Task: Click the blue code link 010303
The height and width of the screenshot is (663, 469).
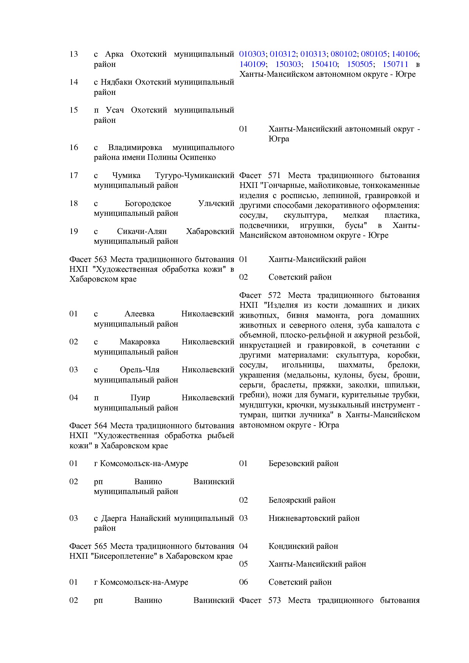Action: pos(252,54)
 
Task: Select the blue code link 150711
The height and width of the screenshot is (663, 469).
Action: pos(395,64)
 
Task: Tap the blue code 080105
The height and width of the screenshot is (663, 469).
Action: pos(374,54)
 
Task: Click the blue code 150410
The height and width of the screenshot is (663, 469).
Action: pos(324,64)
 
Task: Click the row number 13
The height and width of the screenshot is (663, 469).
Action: pos(73,54)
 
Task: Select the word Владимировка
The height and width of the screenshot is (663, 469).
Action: pos(135,147)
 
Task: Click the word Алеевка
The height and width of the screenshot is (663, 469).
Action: pos(139,314)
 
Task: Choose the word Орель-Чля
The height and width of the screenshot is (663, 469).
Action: pos(140,370)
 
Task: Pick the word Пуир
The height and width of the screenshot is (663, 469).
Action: pos(140,398)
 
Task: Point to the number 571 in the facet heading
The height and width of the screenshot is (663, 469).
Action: pos(274,175)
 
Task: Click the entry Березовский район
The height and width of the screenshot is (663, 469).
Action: pos(303,463)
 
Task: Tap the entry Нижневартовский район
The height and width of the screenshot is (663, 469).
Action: pos(314,518)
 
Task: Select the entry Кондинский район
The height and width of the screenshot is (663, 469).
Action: pos(303,546)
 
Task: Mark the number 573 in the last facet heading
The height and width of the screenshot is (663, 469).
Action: pos(274,600)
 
